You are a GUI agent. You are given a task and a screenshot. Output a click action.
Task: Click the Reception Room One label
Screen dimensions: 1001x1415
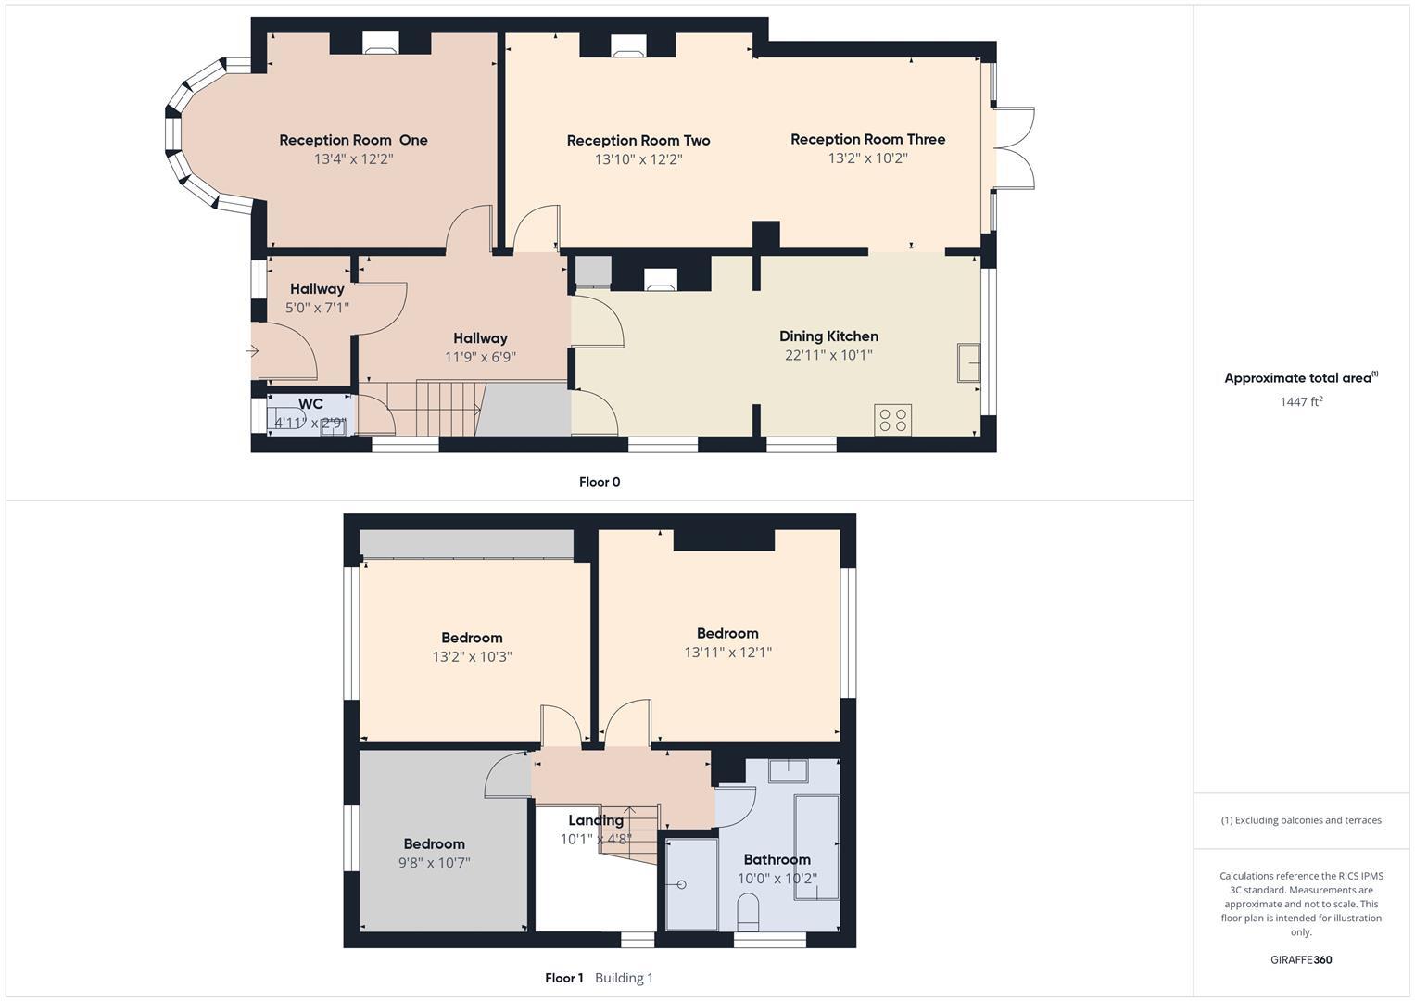click(x=353, y=140)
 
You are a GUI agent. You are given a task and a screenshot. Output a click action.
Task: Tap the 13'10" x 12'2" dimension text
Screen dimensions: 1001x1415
click(x=638, y=159)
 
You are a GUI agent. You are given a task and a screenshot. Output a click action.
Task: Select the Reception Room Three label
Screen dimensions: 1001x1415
click(x=867, y=139)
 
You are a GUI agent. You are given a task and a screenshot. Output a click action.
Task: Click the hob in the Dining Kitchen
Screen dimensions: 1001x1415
click(x=893, y=419)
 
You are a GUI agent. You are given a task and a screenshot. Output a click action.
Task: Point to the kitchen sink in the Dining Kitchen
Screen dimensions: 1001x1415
click(x=968, y=362)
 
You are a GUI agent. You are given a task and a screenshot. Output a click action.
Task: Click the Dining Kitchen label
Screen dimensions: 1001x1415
click(x=828, y=336)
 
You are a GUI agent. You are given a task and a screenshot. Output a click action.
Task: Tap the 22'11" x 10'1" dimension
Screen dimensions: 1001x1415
click(x=828, y=355)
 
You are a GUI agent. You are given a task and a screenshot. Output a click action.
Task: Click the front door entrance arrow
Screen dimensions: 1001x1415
click(x=252, y=351)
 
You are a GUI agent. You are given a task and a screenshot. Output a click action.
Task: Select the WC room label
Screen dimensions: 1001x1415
click(x=310, y=404)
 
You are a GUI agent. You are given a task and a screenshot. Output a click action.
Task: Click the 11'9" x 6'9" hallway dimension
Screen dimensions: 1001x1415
click(x=480, y=357)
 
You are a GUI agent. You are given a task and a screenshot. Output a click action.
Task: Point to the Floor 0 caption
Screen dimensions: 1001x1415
click(x=599, y=482)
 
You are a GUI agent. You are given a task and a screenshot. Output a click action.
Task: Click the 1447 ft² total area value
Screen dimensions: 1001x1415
click(x=1300, y=401)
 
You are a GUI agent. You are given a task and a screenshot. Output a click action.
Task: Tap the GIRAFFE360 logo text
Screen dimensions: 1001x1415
click(x=1300, y=959)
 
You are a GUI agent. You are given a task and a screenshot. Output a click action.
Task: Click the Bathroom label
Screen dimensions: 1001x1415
click(x=777, y=859)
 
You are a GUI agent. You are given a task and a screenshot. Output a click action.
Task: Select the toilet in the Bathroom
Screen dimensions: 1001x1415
click(x=749, y=912)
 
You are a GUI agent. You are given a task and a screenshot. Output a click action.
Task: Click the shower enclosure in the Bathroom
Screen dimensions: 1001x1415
click(x=691, y=884)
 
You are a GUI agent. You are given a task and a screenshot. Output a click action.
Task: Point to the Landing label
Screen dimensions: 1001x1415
click(x=595, y=820)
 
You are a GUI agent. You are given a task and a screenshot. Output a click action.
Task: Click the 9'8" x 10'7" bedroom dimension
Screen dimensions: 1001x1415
click(x=434, y=863)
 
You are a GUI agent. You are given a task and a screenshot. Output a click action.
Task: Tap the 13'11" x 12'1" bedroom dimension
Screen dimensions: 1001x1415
click(x=727, y=653)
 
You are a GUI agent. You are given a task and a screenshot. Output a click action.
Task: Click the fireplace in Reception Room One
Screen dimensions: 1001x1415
click(x=380, y=42)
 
